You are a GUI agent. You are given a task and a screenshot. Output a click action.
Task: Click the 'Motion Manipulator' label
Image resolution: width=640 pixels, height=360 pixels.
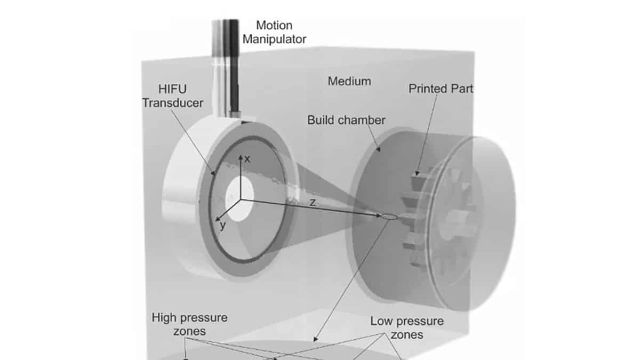275,32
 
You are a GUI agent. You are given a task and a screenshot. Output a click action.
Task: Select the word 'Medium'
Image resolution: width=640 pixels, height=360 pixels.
349,82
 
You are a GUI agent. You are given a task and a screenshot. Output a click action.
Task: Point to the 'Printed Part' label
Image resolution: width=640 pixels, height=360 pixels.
441,89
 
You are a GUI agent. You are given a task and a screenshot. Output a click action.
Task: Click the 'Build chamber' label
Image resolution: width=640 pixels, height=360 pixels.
346,120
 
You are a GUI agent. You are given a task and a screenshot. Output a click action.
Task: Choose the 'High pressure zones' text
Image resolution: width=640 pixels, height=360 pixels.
189,324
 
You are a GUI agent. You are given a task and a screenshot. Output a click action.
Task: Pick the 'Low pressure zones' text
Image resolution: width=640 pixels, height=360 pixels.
407,328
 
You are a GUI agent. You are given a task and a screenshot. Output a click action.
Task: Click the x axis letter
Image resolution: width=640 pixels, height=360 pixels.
247,158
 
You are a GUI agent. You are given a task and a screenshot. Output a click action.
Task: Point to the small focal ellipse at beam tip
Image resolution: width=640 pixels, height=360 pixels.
388,217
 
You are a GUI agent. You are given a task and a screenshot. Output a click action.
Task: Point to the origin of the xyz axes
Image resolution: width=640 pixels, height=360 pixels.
240,199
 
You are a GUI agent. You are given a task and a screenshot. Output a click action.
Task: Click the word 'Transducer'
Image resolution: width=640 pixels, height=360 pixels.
172,103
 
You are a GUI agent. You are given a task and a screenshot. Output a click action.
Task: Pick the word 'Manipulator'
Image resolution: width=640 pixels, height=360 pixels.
275,39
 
